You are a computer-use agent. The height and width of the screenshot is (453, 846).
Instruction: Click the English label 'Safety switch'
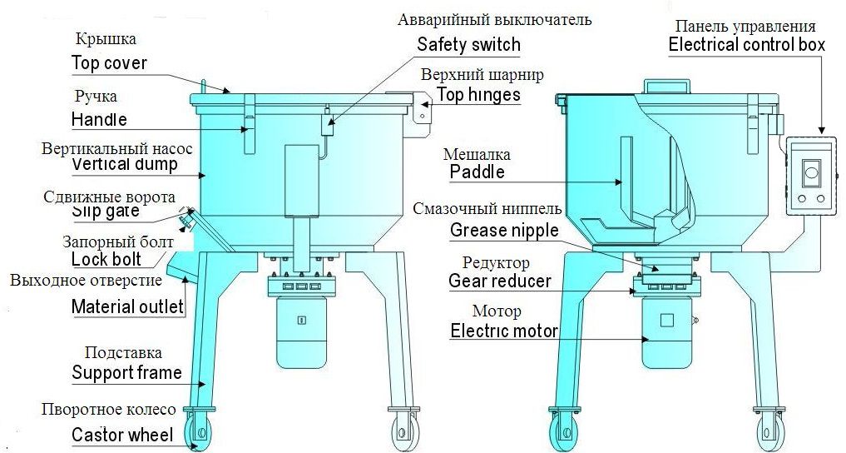468,45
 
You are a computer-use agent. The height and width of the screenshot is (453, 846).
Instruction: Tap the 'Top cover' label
109,63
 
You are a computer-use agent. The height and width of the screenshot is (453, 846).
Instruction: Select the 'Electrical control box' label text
746,45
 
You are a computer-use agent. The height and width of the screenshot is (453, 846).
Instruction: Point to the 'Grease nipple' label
504,231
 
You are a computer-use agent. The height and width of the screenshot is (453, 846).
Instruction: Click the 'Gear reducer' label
499,281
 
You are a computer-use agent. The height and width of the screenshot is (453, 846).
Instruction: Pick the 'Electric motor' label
503,331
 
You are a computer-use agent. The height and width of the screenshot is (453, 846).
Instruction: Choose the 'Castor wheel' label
121,435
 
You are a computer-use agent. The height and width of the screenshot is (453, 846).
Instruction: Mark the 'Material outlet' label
127,306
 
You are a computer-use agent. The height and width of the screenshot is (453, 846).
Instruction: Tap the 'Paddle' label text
477,172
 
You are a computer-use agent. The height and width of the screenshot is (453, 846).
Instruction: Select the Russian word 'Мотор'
497,312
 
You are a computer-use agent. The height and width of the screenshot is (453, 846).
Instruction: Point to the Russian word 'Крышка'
106,39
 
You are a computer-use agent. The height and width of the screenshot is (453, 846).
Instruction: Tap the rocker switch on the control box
811,172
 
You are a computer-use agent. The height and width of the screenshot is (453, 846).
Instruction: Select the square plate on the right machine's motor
666,320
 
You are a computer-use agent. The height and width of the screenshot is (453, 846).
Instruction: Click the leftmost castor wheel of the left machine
200,431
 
